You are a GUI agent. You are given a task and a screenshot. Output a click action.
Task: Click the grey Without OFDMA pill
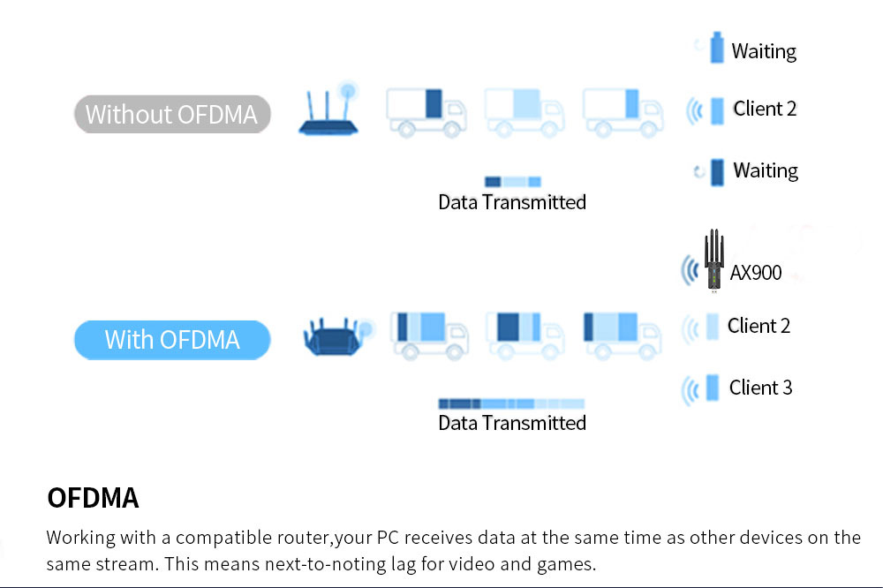171,115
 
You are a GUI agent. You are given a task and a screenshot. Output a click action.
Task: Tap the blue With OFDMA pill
171,340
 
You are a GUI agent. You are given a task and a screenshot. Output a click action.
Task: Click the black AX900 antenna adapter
713,260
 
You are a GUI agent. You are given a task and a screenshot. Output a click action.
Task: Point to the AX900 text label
756,273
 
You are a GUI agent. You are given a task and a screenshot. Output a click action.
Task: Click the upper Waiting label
764,51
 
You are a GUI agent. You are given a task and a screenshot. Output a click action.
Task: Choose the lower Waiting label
766,170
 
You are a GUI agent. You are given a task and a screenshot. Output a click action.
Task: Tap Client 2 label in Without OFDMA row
765,109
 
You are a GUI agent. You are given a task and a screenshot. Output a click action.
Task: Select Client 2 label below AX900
758,326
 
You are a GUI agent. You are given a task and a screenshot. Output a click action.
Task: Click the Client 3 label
760,388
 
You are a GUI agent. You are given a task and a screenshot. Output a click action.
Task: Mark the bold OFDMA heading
93,498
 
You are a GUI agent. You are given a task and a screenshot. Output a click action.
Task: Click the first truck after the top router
426,111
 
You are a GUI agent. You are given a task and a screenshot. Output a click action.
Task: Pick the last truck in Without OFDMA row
623,111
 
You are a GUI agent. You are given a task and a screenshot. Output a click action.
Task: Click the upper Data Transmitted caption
512,202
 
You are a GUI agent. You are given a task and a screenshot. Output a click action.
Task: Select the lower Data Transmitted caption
512,423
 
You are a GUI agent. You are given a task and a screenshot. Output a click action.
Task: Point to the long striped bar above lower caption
511,403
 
